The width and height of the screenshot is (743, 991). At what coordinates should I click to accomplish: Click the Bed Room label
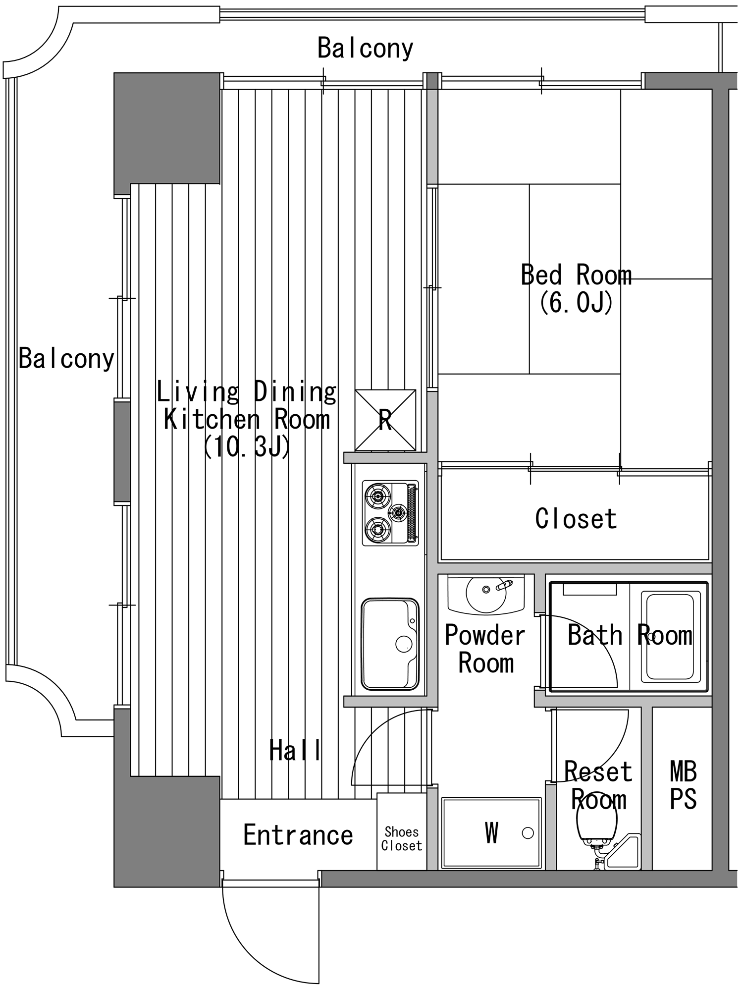click(576, 275)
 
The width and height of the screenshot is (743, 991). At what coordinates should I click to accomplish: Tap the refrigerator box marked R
click(385, 420)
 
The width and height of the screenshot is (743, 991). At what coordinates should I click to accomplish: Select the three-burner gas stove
click(390, 513)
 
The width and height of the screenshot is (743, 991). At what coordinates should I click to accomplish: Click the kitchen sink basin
click(390, 644)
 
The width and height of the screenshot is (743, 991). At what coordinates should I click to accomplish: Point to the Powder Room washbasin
click(486, 594)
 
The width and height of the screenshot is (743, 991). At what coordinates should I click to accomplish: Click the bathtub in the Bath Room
click(668, 636)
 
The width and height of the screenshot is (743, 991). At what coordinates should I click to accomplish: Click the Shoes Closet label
click(402, 838)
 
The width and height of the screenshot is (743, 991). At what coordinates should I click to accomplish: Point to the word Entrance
click(298, 834)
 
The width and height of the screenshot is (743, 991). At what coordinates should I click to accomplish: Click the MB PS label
click(683, 785)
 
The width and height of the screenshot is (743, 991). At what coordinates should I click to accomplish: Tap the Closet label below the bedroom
click(576, 519)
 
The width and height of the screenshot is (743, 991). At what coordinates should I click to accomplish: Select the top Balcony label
click(365, 48)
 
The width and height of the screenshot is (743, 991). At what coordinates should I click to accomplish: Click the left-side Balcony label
click(66, 358)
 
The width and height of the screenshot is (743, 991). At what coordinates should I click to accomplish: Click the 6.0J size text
click(576, 302)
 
